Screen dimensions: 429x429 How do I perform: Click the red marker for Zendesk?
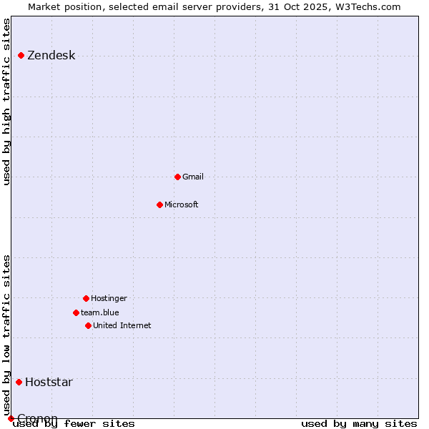point(21,55)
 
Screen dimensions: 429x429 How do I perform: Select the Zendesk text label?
point(51,56)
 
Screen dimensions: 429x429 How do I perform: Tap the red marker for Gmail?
point(177,177)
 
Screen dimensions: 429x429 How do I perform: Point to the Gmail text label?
point(193,177)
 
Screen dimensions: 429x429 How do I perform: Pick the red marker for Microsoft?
point(159,204)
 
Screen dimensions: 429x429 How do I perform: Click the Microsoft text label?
point(182,205)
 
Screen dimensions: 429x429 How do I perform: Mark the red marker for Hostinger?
point(86,298)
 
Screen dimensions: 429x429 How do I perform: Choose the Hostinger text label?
point(109,299)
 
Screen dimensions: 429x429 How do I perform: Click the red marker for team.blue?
point(76,312)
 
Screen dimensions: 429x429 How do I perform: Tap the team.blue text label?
point(100,312)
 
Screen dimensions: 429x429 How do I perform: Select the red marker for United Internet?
point(88,325)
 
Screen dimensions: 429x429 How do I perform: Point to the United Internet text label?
point(122,326)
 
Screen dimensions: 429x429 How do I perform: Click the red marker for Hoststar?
point(19,382)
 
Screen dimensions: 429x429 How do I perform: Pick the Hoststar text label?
point(49,382)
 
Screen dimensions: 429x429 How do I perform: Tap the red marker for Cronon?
point(11,418)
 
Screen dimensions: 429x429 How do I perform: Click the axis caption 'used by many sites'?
point(359,423)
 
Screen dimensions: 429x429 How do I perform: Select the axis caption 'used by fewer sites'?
point(74,423)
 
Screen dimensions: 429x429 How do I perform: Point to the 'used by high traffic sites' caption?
point(7,102)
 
